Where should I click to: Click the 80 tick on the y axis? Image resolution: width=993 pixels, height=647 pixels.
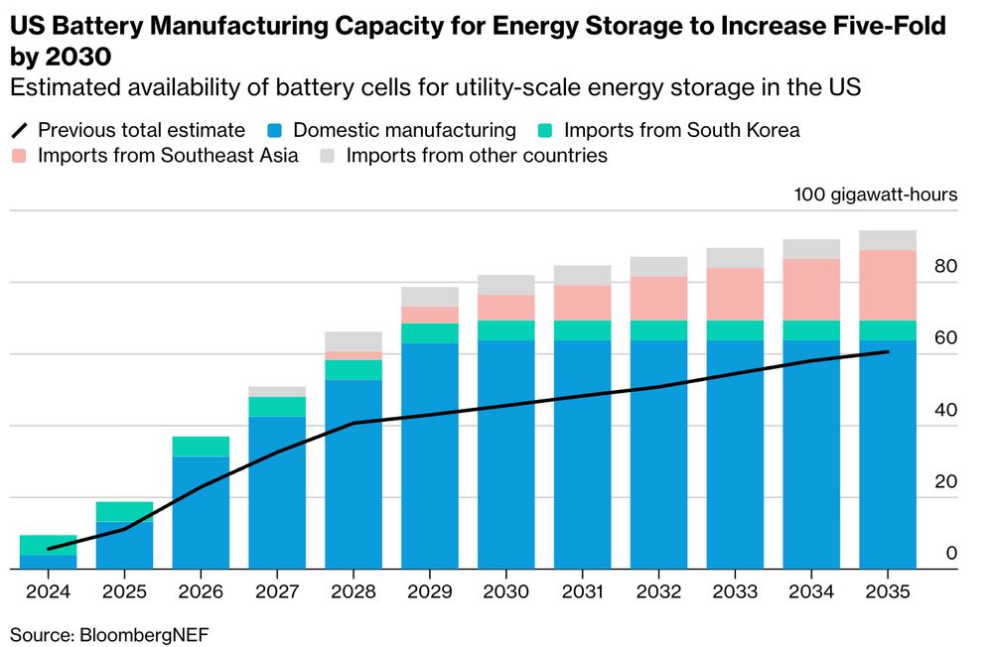point(945,267)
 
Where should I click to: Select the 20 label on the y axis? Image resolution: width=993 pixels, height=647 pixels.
point(945,482)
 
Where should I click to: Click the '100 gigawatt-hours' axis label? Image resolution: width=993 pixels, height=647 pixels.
point(876,194)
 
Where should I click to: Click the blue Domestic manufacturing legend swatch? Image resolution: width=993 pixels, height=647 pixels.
point(278,130)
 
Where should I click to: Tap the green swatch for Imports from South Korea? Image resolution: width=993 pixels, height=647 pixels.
point(547,130)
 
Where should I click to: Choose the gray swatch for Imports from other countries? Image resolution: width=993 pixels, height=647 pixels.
point(330,156)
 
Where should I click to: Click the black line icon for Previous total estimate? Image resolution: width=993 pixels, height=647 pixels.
point(21,130)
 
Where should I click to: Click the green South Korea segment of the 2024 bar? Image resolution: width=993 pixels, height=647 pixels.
point(48,545)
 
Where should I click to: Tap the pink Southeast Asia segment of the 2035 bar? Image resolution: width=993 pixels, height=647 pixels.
point(887,285)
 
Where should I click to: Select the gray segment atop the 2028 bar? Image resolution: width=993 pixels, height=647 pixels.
point(353,341)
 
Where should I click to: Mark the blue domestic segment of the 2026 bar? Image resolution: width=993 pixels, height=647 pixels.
point(201,512)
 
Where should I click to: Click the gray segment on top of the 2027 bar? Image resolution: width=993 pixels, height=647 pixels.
point(277,392)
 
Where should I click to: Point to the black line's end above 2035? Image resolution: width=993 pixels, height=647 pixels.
point(888,351)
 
